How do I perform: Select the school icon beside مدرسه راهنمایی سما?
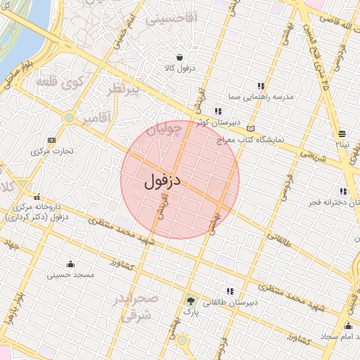pos(261,86)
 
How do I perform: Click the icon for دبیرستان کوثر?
pos(218,111)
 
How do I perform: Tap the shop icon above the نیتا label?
pos(341,134)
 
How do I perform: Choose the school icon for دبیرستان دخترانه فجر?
pos(343,191)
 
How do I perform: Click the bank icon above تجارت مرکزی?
pos(51,140)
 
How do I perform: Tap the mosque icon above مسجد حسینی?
pos(70,264)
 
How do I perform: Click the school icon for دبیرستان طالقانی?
pos(230,290)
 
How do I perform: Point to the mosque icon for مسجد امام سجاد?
pos(348,326)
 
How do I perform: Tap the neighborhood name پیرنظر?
pos(127,89)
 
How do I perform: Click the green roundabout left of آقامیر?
pos(69,117)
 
